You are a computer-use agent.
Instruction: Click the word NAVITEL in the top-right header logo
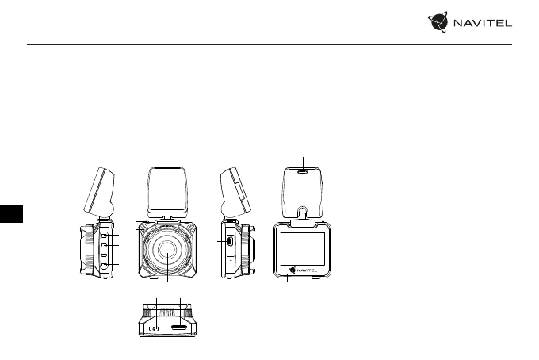pyautogui.click(x=483, y=23)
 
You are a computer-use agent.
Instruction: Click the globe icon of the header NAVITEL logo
pyautogui.click(x=438, y=22)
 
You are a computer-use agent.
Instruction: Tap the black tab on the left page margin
pyautogui.click(x=11, y=213)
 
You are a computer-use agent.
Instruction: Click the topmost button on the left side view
pyautogui.click(x=104, y=235)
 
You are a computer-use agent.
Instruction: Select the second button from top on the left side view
pyautogui.click(x=104, y=245)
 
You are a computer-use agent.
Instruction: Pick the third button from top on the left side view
pyautogui.click(x=104, y=255)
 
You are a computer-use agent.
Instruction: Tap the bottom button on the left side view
pyautogui.click(x=104, y=265)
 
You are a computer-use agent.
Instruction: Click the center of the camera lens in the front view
pyautogui.click(x=167, y=250)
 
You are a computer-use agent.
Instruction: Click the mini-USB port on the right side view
pyautogui.click(x=230, y=241)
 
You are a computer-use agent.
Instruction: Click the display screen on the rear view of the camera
pyautogui.click(x=303, y=249)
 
